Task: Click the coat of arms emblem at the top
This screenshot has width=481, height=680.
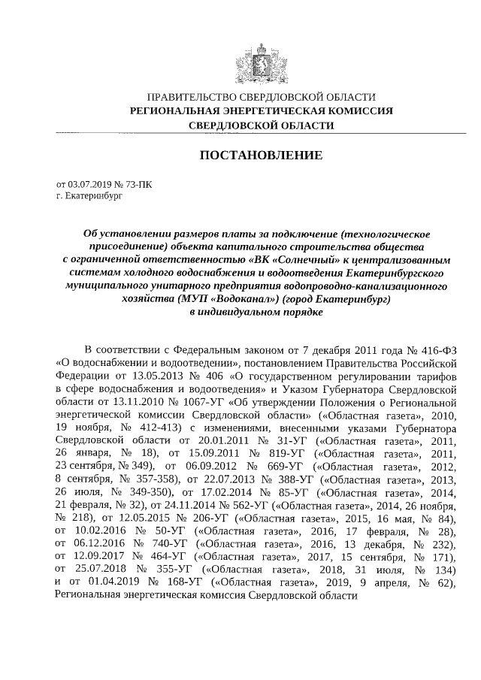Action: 261,61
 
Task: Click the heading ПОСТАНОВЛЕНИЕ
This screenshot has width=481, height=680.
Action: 261,156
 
